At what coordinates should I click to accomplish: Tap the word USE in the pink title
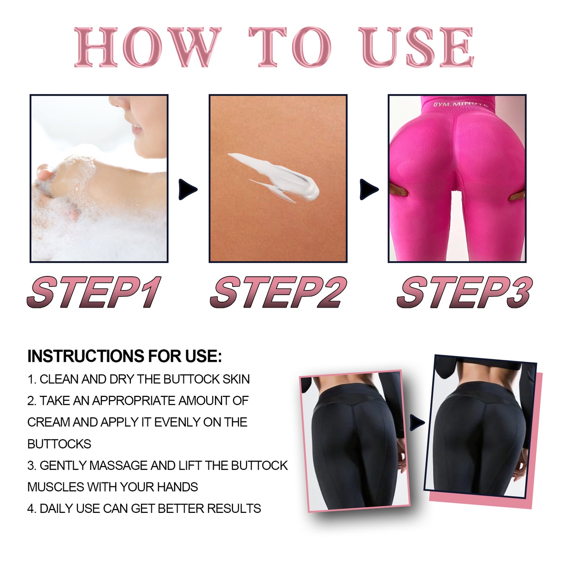(418, 47)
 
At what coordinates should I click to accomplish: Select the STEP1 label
(94, 292)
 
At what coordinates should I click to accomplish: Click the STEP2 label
(278, 292)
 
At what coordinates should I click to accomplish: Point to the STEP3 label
(464, 292)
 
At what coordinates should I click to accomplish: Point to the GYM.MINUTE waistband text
(460, 104)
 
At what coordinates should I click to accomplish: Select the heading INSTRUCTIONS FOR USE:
(125, 356)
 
